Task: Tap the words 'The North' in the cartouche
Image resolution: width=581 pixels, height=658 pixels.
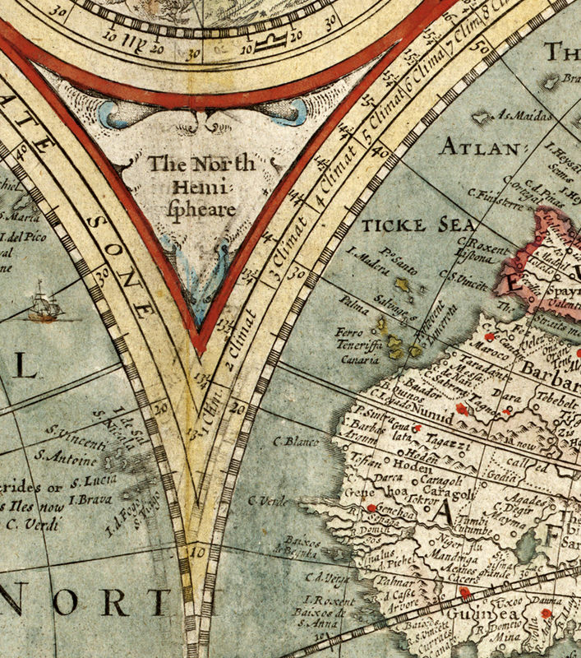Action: click(201, 164)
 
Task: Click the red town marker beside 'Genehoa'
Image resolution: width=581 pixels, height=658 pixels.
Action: click(371, 508)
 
